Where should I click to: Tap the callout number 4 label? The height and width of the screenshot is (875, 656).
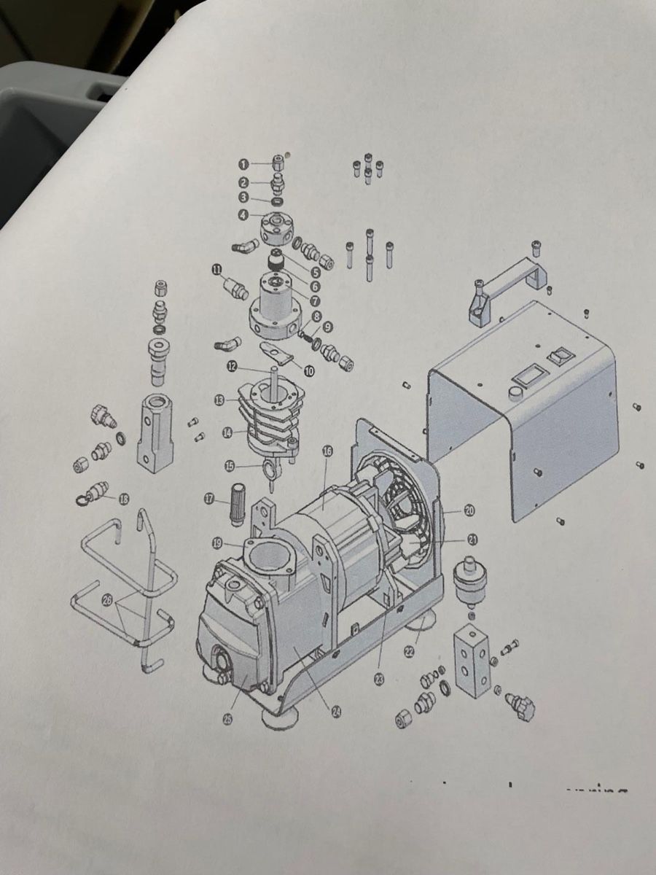[243, 215]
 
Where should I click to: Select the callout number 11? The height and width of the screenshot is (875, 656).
[217, 271]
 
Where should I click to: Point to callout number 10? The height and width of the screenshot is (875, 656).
[308, 370]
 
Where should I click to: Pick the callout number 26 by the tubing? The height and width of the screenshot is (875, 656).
[108, 599]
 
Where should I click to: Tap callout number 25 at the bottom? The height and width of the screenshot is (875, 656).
[227, 719]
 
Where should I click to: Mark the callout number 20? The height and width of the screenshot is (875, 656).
[469, 510]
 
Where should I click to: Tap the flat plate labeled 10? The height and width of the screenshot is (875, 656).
[278, 351]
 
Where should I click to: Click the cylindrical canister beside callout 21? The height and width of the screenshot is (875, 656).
[468, 578]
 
